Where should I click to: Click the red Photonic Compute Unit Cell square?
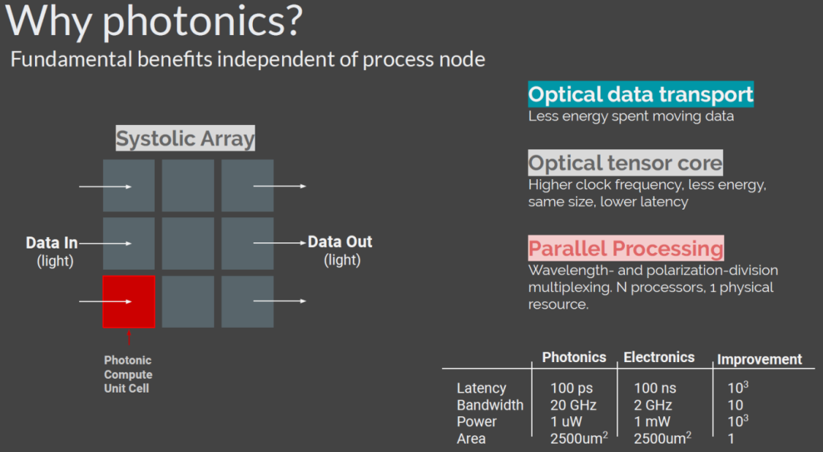pos(129,302)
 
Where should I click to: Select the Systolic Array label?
pos(185,139)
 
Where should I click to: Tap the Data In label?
pos(52,243)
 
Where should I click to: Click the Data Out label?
pos(340,242)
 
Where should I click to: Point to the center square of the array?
pos(188,243)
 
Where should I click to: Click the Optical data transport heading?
pos(641,95)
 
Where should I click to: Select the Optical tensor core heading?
pos(625,163)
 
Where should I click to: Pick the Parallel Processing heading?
pos(626,248)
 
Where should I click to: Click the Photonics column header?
pos(574,357)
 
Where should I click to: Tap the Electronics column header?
pos(659,357)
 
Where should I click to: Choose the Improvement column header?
pos(759,360)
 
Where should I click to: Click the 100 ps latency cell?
pos(572,389)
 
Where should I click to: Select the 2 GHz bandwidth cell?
pos(655,406)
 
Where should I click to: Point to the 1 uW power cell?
pos(566,422)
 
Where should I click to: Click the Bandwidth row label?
pos(490,406)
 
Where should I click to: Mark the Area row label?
pos(471,438)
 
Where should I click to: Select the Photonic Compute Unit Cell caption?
pos(128,374)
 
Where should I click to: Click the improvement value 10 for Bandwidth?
pos(735,406)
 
